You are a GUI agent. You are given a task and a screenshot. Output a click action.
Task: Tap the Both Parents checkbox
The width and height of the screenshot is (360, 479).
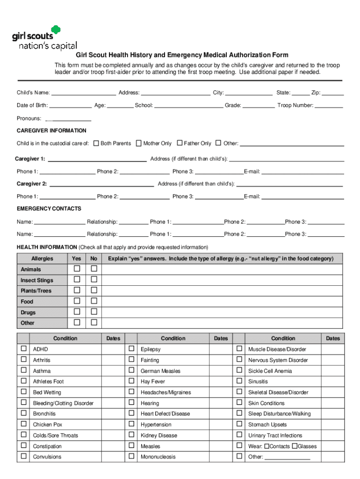[x=96, y=143]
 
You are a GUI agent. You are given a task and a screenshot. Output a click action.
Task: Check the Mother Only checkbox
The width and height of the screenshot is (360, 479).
[x=139, y=143]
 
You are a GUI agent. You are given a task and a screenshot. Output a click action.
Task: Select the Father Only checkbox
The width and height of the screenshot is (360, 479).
[x=180, y=143]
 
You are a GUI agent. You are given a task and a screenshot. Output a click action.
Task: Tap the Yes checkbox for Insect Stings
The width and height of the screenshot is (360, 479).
[x=77, y=280]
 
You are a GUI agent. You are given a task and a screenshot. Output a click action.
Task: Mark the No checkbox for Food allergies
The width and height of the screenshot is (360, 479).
[x=94, y=301]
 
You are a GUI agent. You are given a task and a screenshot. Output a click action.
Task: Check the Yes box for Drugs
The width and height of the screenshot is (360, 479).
[x=77, y=312]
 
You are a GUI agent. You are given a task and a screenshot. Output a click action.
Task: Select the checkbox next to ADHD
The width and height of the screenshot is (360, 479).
[x=23, y=349]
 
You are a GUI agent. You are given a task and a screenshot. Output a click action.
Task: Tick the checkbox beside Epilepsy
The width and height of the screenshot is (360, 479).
[x=131, y=349]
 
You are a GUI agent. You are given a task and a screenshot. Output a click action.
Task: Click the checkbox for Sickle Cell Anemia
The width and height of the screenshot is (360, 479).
[x=239, y=370]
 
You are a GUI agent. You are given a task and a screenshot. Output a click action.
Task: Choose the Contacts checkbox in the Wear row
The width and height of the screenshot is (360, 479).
[x=267, y=446]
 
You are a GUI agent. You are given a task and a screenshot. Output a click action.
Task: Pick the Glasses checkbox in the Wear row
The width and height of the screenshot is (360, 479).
[x=295, y=446]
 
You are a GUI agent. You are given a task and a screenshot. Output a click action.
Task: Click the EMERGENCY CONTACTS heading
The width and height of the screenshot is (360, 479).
[x=49, y=209]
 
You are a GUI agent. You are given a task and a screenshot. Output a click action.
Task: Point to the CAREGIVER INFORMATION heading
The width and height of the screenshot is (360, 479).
[x=51, y=131]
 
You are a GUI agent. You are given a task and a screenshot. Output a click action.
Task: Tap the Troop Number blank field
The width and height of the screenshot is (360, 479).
[x=329, y=106]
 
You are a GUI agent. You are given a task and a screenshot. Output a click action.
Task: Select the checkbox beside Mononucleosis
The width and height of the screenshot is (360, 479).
[x=131, y=457]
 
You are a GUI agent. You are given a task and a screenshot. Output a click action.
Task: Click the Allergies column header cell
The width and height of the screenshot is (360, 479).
[x=42, y=259]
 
